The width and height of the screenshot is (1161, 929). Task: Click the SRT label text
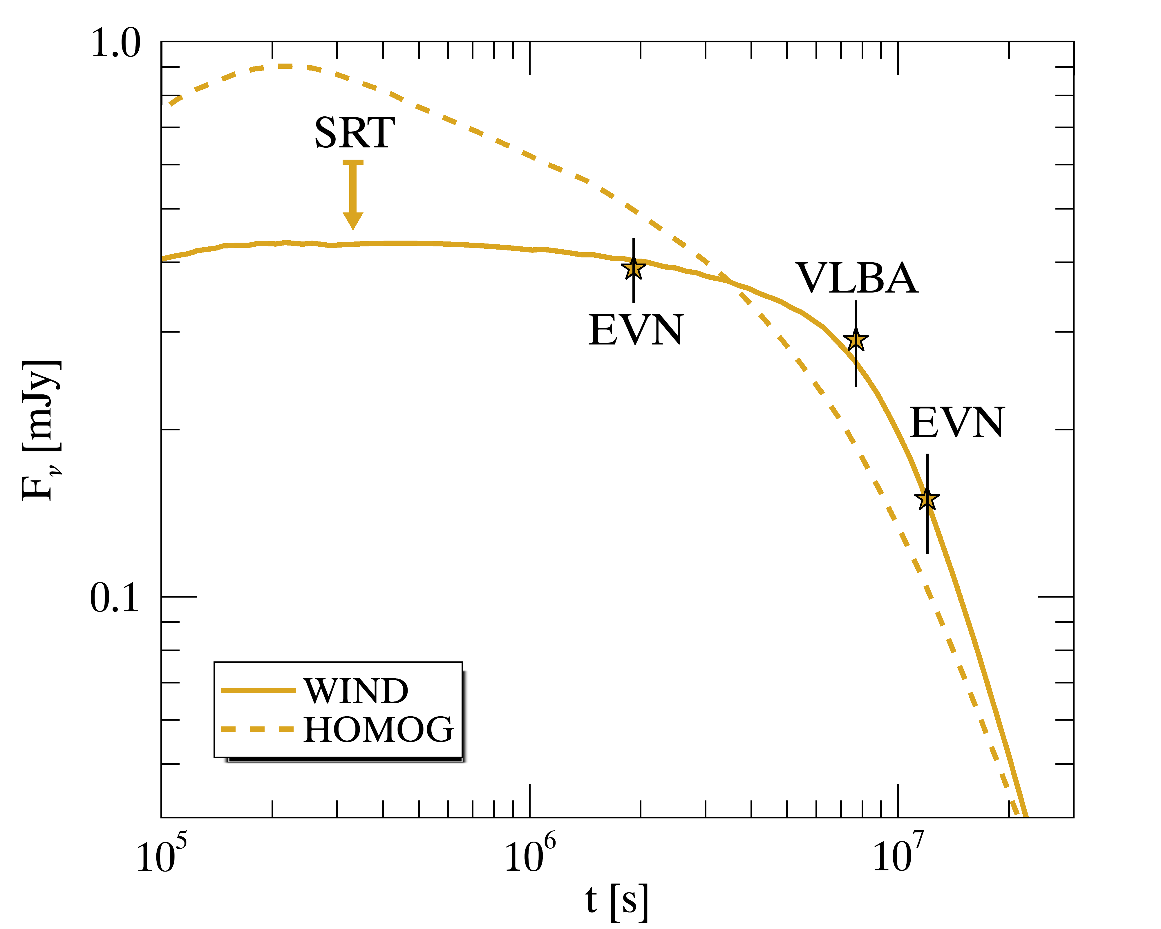point(354,133)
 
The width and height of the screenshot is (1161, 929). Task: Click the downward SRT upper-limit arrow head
point(353,220)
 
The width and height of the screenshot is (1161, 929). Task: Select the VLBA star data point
point(856,340)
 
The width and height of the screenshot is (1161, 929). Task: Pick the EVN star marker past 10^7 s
point(927,498)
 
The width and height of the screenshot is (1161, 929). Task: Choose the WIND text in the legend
point(356,691)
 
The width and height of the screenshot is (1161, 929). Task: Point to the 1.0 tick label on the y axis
point(115,43)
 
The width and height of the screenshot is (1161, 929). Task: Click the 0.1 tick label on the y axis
point(114,598)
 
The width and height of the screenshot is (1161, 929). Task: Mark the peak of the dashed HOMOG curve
point(285,66)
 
